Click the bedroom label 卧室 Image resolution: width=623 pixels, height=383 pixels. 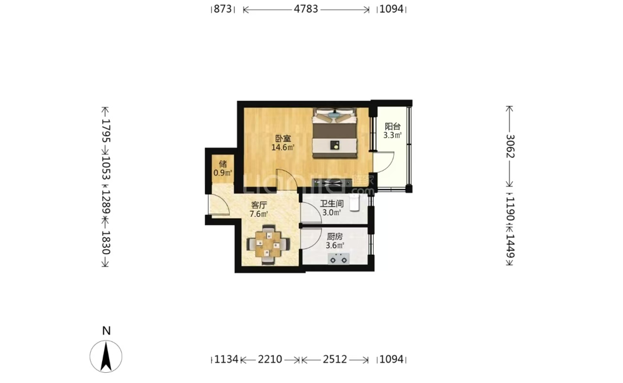tap(284, 139)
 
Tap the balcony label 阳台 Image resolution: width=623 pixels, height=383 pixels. tap(392, 126)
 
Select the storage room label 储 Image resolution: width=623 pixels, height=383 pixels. tap(223, 164)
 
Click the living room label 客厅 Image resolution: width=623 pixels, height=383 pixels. tap(259, 205)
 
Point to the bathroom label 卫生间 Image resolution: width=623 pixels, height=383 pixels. tap(332, 204)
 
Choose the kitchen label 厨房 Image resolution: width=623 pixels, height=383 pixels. tap(334, 237)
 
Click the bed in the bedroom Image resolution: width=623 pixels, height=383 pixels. tap(334, 133)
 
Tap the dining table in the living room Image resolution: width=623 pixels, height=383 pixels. tap(268, 244)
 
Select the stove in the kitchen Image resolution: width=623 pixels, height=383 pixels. tap(339, 259)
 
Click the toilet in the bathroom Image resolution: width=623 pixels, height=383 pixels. tap(355, 203)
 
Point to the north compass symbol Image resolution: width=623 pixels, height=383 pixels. tap(106, 356)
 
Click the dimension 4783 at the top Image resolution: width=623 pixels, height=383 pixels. tap(306, 9)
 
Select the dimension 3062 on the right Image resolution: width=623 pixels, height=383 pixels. tap(510, 146)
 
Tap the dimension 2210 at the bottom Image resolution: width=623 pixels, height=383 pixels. tap(270, 360)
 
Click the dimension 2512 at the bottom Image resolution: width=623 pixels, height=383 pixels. tap(335, 360)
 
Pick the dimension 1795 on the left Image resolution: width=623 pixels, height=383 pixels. tap(106, 131)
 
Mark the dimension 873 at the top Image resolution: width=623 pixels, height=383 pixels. tap(223, 9)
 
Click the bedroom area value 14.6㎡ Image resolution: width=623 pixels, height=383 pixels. tap(283, 148)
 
